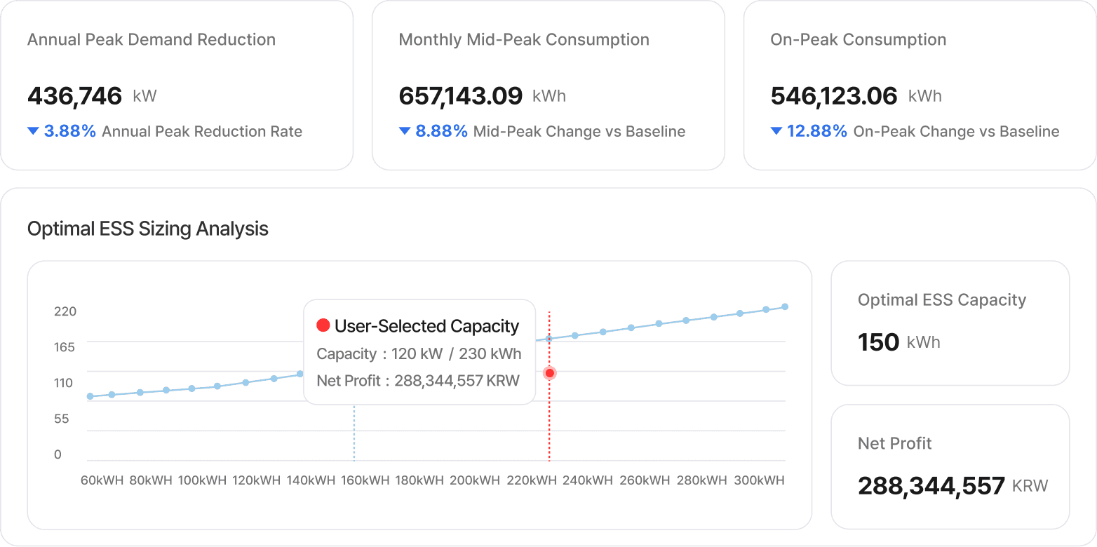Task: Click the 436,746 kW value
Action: tap(75, 96)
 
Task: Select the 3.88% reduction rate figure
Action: tap(69, 131)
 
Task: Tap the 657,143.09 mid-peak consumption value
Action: tap(461, 96)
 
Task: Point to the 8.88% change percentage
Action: tap(441, 131)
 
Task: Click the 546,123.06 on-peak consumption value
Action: tap(834, 96)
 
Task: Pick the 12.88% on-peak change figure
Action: tap(816, 131)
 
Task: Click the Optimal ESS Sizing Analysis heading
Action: tap(147, 229)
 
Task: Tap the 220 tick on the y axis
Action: tap(65, 311)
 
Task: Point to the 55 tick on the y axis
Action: tap(62, 419)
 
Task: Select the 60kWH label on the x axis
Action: tap(102, 480)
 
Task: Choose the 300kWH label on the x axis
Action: tap(759, 480)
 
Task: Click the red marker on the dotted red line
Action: tap(550, 373)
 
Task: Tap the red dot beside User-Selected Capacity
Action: tap(323, 325)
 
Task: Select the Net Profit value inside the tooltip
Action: tap(457, 381)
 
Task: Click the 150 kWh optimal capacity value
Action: tap(879, 342)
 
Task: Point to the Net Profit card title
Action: tap(894, 443)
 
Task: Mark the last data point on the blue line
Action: tap(785, 306)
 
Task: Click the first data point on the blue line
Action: tap(90, 396)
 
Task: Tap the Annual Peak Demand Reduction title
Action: tap(152, 40)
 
